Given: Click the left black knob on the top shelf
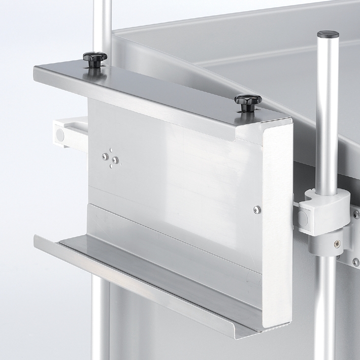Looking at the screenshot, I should point(95,57).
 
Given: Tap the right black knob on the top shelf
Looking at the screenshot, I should point(248,101).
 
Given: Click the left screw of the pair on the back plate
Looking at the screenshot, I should point(105,157).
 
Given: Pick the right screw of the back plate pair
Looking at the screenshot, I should point(116,160).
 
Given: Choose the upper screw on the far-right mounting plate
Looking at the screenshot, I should point(356,215).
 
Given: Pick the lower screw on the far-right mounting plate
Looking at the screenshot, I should point(356,262).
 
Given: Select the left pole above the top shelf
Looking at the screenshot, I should point(105,25).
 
